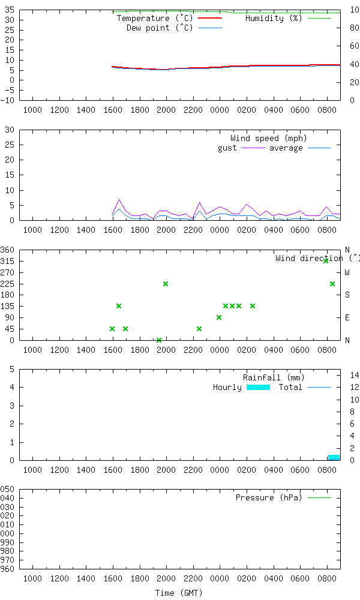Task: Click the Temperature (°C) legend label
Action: click(x=155, y=18)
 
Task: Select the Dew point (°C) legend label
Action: click(x=160, y=28)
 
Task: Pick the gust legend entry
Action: click(x=227, y=148)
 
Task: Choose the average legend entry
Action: click(x=286, y=148)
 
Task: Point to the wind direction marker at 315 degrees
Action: click(x=326, y=261)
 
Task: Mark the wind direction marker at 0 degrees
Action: click(x=159, y=340)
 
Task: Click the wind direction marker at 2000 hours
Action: click(x=166, y=284)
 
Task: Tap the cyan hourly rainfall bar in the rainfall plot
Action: click(x=334, y=457)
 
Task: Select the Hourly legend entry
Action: click(x=227, y=387)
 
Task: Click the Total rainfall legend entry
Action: click(x=290, y=387)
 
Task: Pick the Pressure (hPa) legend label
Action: click(x=269, y=497)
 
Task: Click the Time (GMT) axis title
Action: click(x=179, y=592)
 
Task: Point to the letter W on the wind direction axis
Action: click(x=347, y=272)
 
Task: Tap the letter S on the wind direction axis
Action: click(x=347, y=295)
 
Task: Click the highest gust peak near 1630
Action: click(x=119, y=200)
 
